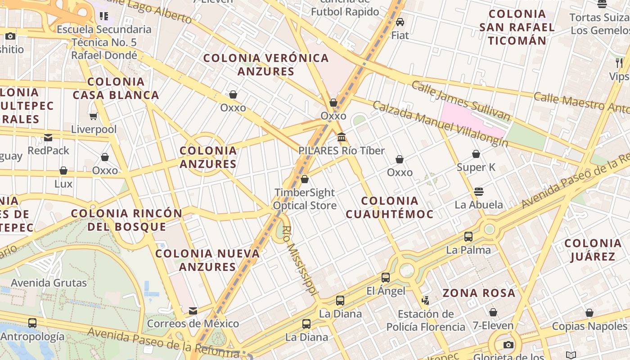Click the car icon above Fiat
tap(400, 22)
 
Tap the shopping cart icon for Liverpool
tap(94, 117)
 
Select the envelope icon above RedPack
tap(48, 137)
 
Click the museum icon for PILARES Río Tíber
tap(342, 137)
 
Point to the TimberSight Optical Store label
tap(305, 199)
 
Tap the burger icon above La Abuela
tap(479, 191)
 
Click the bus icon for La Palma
tap(468, 236)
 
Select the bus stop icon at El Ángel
tap(386, 277)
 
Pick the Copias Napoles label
tap(589, 326)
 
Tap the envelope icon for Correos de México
tap(193, 310)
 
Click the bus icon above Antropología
tap(32, 323)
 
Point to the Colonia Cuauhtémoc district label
tap(389, 207)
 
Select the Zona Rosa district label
tap(479, 293)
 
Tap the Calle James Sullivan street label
tap(461, 101)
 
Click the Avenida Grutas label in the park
tap(49, 283)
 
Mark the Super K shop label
tap(476, 167)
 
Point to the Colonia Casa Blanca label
tap(116, 88)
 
